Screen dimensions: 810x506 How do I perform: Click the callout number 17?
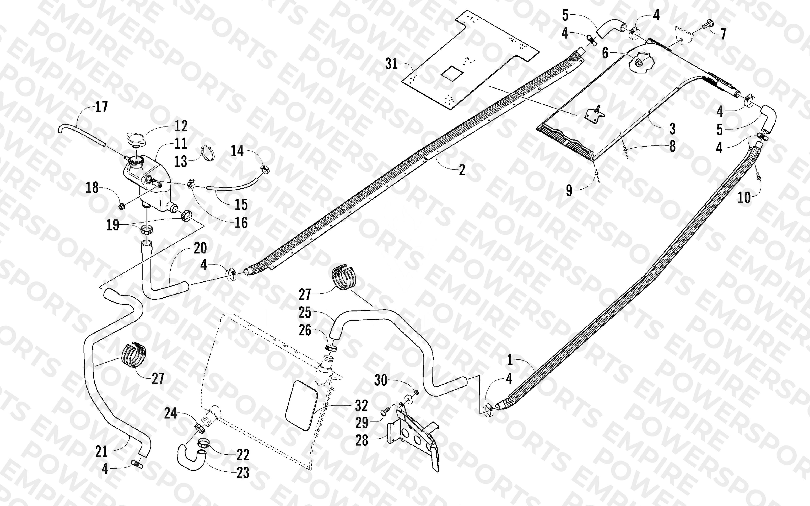pos(101,107)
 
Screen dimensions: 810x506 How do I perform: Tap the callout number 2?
pos(462,170)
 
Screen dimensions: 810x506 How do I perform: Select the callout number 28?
pos(362,440)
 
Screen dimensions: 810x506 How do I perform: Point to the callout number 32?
pos(362,406)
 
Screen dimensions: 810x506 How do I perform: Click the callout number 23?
pos(243,473)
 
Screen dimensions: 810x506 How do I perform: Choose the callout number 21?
pos(101,452)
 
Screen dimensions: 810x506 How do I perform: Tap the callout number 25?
pos(305,313)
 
